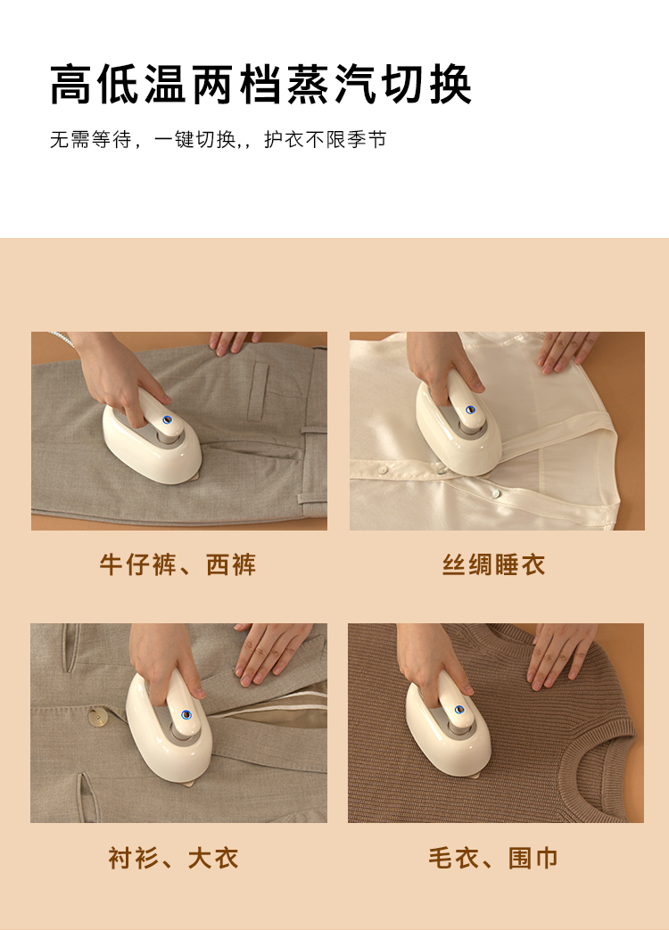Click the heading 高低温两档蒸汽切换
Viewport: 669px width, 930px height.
click(260, 85)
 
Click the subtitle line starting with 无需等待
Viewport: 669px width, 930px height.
click(218, 140)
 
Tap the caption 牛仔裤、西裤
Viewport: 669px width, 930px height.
click(178, 564)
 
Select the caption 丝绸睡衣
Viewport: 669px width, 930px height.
click(493, 564)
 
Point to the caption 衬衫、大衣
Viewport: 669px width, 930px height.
click(173, 859)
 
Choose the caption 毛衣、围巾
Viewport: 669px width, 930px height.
click(493, 859)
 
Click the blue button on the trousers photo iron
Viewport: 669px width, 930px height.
click(167, 419)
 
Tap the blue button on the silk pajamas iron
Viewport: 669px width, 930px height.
click(471, 409)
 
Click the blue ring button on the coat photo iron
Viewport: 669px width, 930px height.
click(186, 714)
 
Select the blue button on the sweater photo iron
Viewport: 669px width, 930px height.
click(459, 710)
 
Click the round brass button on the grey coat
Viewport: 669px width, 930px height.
click(97, 718)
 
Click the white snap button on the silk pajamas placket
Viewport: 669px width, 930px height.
click(496, 493)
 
